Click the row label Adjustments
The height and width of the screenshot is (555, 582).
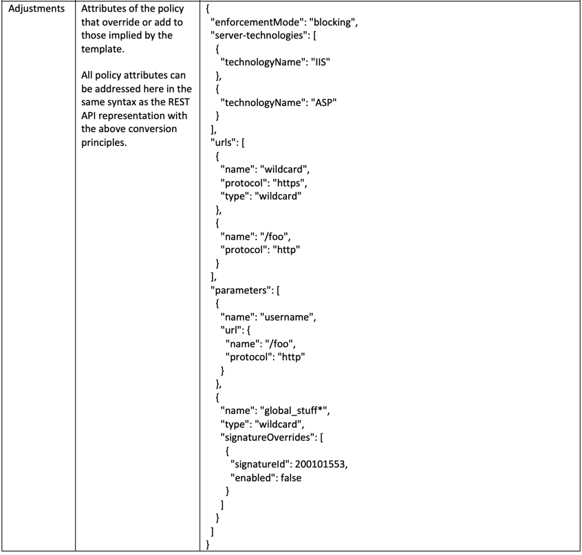(36, 9)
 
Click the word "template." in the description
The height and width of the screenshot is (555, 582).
(103, 49)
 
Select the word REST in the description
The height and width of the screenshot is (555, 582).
(179, 102)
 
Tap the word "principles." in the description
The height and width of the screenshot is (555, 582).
(104, 142)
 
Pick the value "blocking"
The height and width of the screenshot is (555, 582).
(332, 22)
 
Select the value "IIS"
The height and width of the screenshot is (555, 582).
(321, 62)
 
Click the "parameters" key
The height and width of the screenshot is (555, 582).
(241, 290)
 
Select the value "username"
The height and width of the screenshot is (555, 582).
(287, 317)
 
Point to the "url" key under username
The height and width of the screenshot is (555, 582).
(231, 330)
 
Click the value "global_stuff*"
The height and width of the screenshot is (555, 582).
(294, 411)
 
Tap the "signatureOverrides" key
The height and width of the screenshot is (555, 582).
(268, 437)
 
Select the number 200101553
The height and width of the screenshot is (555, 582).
(321, 464)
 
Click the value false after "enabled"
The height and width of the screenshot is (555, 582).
(291, 478)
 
